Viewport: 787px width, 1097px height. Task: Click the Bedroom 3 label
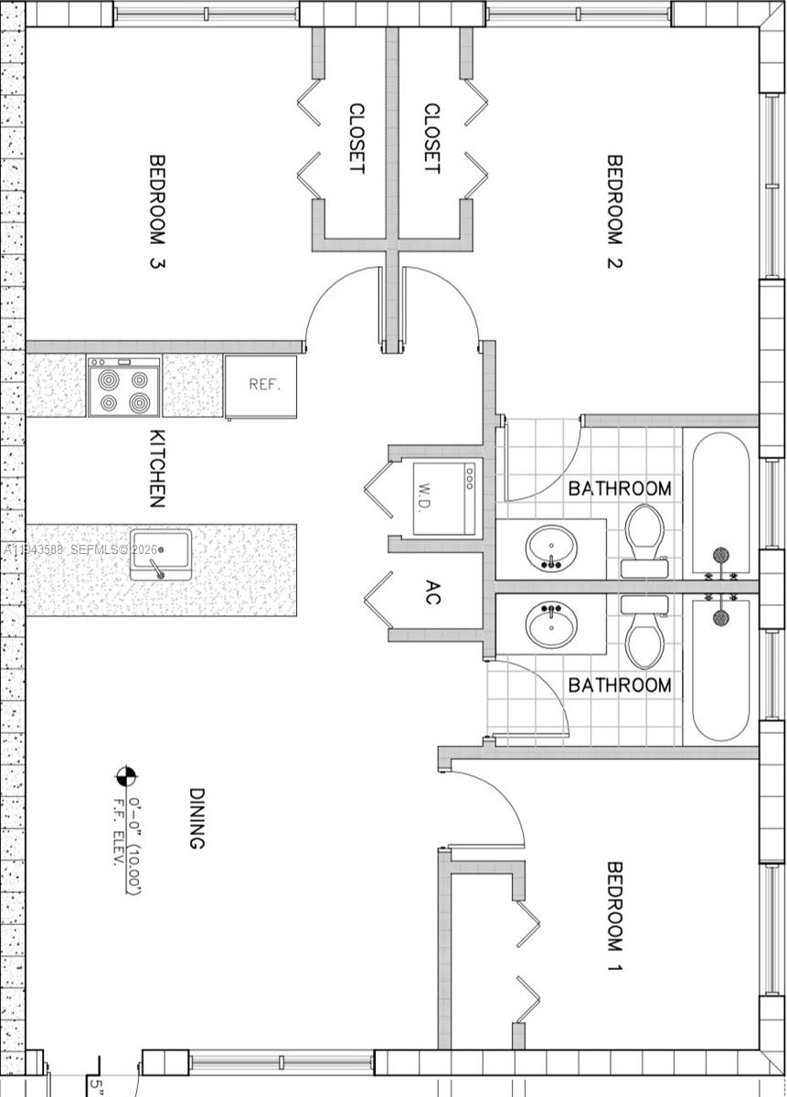tap(157, 211)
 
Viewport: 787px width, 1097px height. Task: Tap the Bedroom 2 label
tap(614, 211)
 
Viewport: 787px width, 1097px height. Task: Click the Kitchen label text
tap(157, 468)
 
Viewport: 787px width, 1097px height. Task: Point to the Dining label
tap(196, 818)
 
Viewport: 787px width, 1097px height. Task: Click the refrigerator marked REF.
tap(261, 386)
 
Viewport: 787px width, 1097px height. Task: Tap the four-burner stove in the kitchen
tap(124, 387)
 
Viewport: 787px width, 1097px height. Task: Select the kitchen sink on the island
tap(160, 554)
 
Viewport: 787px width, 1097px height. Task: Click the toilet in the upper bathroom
tap(645, 539)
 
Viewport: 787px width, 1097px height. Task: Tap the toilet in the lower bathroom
tap(645, 633)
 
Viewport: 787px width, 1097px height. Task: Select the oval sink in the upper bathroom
tap(551, 548)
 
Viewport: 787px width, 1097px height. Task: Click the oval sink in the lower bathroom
tap(551, 624)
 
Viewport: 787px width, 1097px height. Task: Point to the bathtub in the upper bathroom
tap(720, 503)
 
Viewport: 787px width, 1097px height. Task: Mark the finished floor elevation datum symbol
tap(125, 776)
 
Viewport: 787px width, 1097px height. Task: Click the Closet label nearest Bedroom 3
tap(356, 138)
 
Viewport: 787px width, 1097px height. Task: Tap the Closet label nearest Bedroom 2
tap(431, 138)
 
